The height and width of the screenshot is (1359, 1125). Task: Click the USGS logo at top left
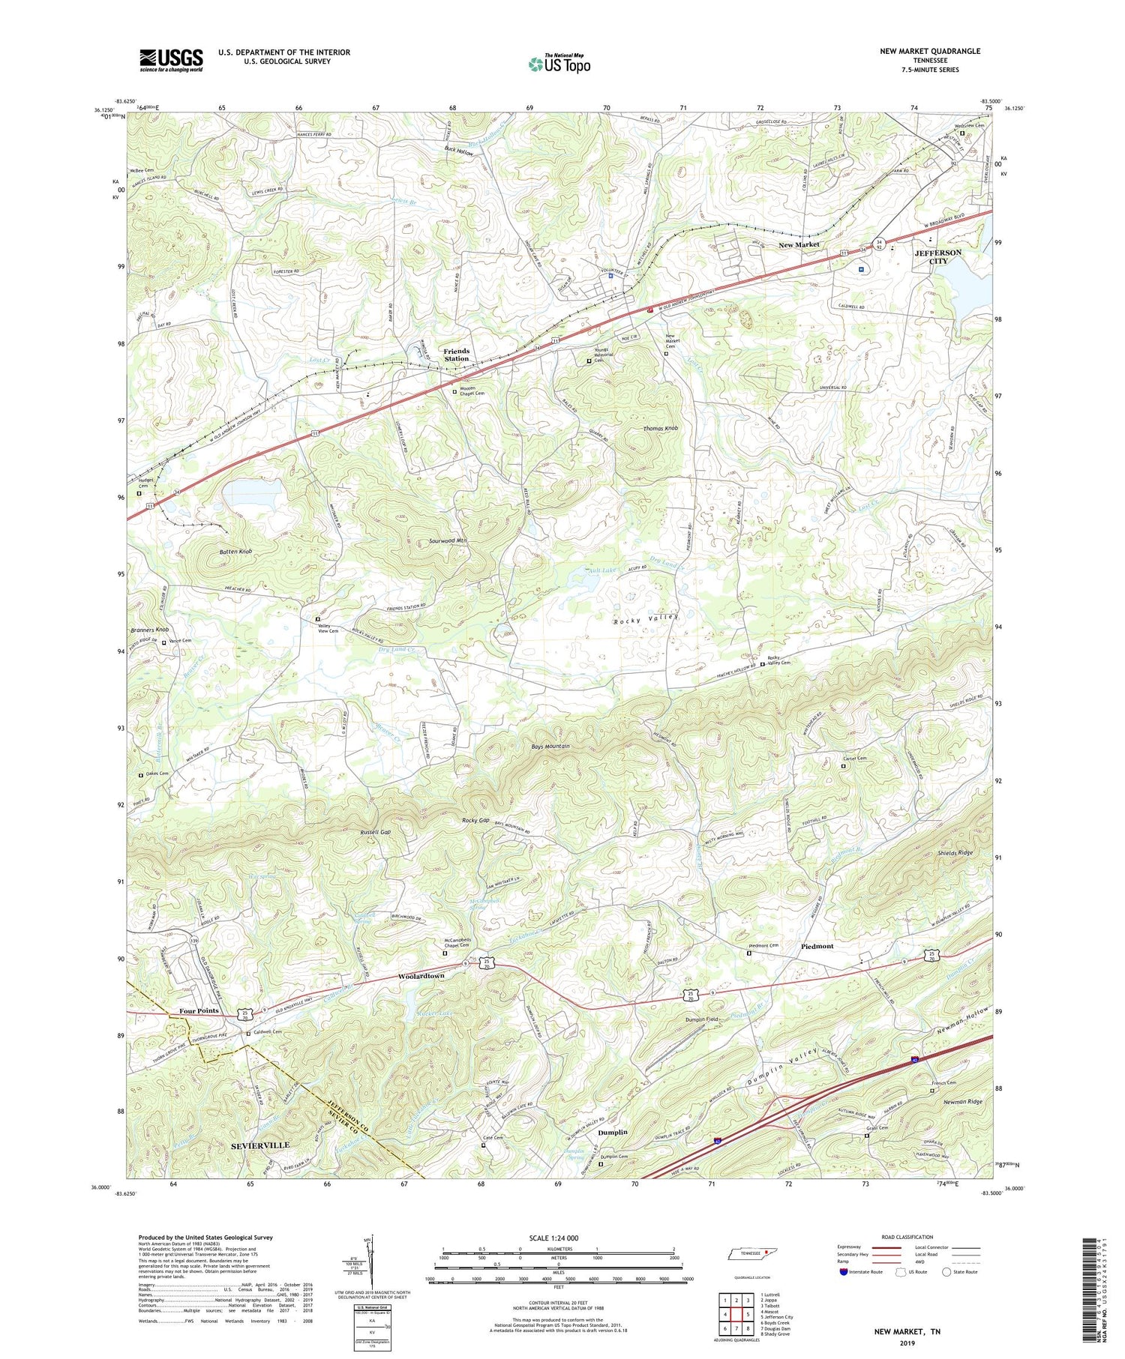(171, 60)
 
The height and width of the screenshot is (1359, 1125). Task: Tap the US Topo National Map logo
(559, 63)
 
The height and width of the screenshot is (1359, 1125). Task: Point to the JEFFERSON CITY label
(938, 257)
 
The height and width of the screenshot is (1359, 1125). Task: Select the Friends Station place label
(456, 355)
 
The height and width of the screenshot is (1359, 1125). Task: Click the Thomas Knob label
(661, 428)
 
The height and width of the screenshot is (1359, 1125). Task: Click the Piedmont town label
(817, 946)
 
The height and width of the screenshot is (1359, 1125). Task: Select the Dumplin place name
(613, 1132)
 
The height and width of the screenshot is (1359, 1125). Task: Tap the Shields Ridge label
(955, 853)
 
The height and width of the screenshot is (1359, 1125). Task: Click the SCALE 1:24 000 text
(558, 1238)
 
